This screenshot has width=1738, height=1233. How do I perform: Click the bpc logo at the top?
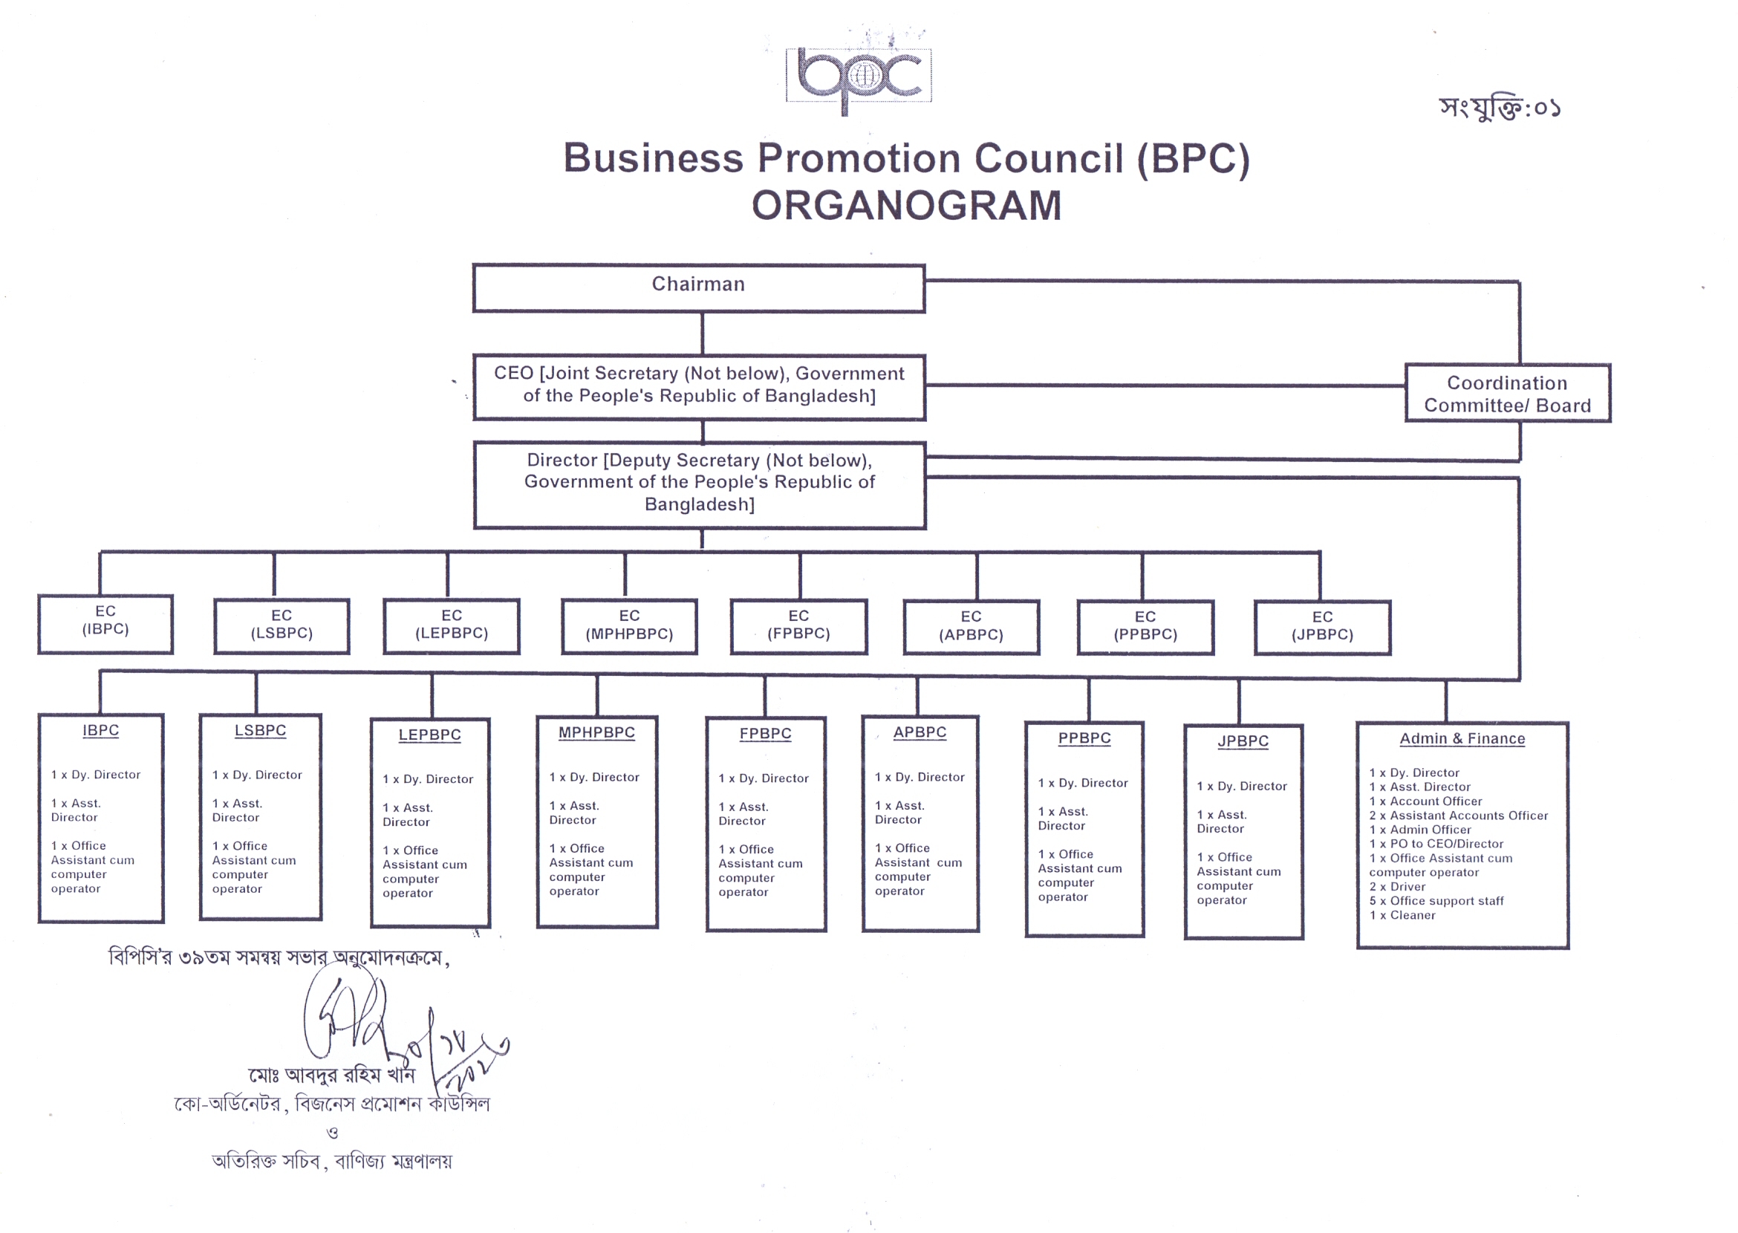(x=859, y=76)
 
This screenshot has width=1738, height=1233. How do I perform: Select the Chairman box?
(x=697, y=287)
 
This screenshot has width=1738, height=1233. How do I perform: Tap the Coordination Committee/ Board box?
(x=1506, y=393)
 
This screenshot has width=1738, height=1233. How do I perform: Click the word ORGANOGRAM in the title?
(x=906, y=206)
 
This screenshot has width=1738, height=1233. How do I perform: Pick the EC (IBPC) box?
(x=105, y=623)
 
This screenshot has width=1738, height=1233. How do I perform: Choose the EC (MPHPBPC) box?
(x=628, y=626)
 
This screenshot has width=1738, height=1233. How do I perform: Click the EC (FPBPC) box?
(x=798, y=626)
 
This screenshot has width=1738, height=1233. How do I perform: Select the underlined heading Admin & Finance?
(x=1462, y=739)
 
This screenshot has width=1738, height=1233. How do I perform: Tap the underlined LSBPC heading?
(x=260, y=730)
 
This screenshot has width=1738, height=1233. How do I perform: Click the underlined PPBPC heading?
(x=1084, y=738)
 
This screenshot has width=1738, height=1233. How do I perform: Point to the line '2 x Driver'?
(x=1397, y=887)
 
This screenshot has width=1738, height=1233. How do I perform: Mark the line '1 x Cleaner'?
(x=1402, y=916)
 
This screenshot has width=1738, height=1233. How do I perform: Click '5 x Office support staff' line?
(x=1436, y=901)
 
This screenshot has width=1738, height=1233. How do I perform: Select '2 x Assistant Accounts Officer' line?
(x=1458, y=816)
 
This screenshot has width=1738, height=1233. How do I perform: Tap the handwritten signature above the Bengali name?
(x=357, y=1018)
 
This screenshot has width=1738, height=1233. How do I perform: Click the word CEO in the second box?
(x=513, y=374)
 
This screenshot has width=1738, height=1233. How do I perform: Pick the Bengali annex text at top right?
(x=1499, y=108)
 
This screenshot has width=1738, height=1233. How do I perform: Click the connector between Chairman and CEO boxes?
(x=703, y=334)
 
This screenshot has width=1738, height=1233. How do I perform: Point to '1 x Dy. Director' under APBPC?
(x=919, y=777)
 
